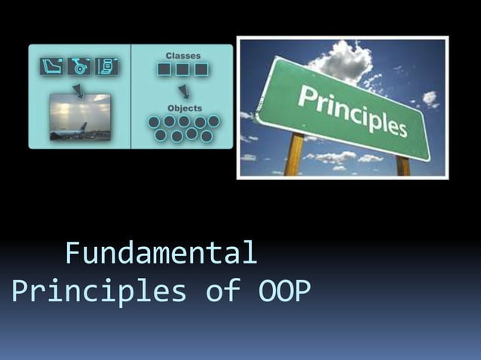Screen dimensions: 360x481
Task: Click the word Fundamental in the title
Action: point(161,253)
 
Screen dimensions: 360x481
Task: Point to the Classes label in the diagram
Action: point(182,56)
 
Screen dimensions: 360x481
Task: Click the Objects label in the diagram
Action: point(184,108)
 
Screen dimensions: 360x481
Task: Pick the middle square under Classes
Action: point(182,70)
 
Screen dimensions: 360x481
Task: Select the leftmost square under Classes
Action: point(164,70)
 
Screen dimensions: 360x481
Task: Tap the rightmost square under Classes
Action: point(201,70)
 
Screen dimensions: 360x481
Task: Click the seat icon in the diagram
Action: point(51,66)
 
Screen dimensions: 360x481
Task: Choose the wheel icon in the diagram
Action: point(79,66)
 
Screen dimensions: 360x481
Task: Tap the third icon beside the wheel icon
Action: point(107,66)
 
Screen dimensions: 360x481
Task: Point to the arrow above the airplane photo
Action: point(79,89)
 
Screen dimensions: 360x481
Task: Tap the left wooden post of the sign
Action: point(295,154)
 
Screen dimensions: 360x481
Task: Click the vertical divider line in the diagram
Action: point(131,96)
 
